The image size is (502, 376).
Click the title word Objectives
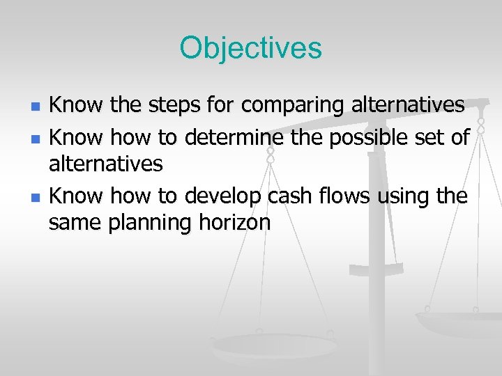[x=250, y=48]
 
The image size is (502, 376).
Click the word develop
[x=222, y=196]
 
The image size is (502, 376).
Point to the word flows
[x=345, y=196]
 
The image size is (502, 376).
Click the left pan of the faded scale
[x=259, y=345]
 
